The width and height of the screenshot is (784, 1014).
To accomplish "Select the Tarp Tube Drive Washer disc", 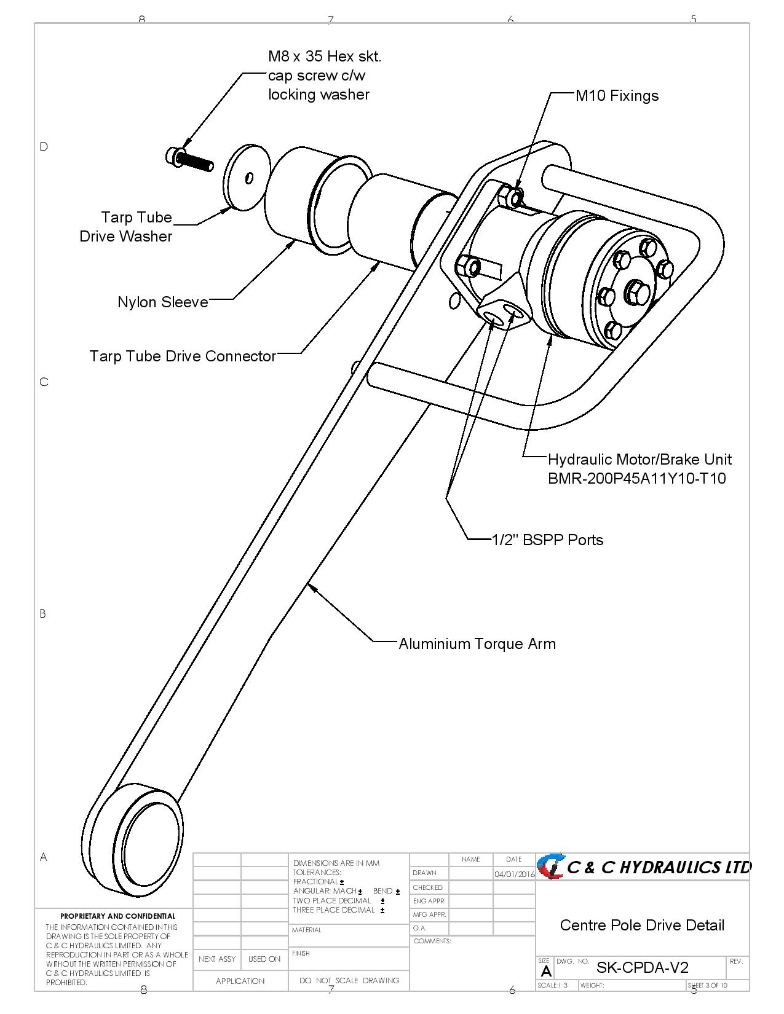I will pos(247,177).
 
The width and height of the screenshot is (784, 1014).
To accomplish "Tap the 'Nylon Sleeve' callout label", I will pos(163,302).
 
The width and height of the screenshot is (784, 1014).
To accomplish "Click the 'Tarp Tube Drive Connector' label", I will pos(183,356).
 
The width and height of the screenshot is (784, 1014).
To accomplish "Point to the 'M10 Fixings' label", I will pos(617,96).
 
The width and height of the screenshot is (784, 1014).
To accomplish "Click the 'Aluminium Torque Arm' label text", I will pos(477,643).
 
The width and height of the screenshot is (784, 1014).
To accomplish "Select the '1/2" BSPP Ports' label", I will pos(547,540).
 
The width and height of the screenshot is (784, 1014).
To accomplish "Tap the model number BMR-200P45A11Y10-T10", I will pos(636,478).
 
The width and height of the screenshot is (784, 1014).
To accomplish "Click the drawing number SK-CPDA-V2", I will pos(642,967).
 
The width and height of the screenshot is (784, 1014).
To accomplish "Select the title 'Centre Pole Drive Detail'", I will pos(642,925).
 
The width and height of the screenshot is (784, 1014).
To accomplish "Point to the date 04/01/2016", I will pos(514,874).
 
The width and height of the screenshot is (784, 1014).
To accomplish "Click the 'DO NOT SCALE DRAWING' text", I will pos(349,980).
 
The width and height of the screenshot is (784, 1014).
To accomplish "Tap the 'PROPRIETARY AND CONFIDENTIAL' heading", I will pos(117,916).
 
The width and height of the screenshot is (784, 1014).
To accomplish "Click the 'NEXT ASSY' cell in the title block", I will pos(217,959).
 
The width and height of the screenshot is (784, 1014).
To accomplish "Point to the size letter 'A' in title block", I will pos(545,972).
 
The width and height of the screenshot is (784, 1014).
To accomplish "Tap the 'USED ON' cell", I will pos(264,959).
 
